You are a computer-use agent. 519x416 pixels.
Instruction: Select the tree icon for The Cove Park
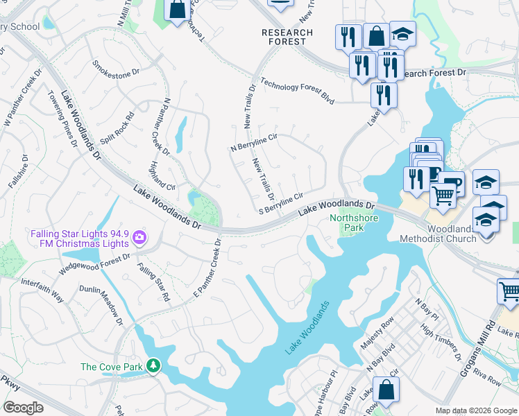tap(153, 365)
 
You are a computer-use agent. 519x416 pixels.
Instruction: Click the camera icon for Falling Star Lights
tap(140, 238)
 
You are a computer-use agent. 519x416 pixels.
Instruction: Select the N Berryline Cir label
tap(254, 142)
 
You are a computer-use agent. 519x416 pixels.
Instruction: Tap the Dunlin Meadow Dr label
tap(100, 304)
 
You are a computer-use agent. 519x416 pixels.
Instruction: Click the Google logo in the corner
tap(24, 407)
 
